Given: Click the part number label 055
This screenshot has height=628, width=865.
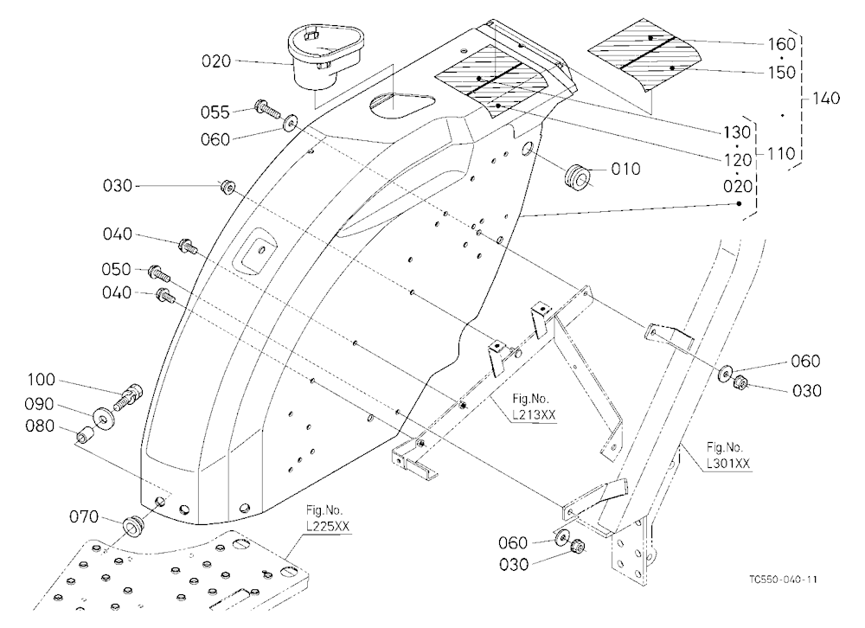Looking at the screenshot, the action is pyautogui.click(x=215, y=112).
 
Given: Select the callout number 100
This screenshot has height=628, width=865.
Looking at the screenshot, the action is pyautogui.click(x=42, y=380).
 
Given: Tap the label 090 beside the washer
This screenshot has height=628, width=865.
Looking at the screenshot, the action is pyautogui.click(x=39, y=405).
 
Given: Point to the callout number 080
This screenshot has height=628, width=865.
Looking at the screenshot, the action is pyautogui.click(x=40, y=426).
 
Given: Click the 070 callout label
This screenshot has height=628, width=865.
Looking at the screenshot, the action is pyautogui.click(x=84, y=517).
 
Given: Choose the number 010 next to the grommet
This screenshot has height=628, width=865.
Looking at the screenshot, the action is pyautogui.click(x=625, y=169).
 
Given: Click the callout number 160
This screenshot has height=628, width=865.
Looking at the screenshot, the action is pyautogui.click(x=782, y=44).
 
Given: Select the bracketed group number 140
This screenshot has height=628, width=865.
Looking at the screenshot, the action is pyautogui.click(x=826, y=99).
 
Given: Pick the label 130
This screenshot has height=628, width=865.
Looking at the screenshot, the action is pyautogui.click(x=738, y=132).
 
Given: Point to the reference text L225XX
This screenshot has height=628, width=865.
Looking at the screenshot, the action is pyautogui.click(x=328, y=527).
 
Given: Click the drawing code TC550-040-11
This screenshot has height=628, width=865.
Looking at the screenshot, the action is pyautogui.click(x=784, y=580).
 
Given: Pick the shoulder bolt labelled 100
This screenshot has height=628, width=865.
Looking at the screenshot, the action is pyautogui.click(x=128, y=396).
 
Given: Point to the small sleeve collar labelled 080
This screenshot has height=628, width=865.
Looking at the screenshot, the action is pyautogui.click(x=85, y=435).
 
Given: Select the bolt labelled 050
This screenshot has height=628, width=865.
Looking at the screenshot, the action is pyautogui.click(x=159, y=272).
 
